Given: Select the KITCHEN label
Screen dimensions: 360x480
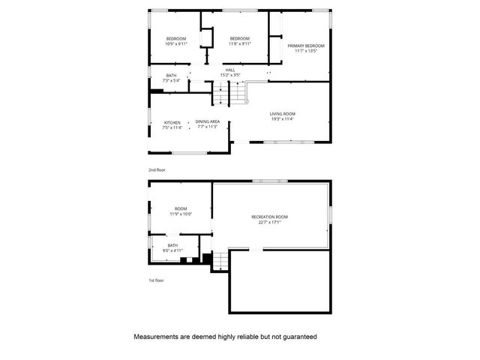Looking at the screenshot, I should pyautogui.click(x=172, y=121).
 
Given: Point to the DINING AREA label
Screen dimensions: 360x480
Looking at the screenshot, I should pyautogui.click(x=207, y=121).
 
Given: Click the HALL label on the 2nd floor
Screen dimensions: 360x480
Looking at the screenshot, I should pyautogui.click(x=230, y=70).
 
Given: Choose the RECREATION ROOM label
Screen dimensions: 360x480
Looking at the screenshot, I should pyautogui.click(x=269, y=217).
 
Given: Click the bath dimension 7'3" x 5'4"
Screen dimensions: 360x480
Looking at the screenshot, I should pyautogui.click(x=172, y=80).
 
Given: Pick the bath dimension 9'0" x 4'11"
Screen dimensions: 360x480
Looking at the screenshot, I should pyautogui.click(x=172, y=250).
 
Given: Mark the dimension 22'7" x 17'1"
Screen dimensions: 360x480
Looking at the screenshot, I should pyautogui.click(x=269, y=222).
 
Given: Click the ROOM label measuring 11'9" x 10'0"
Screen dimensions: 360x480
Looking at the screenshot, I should pyautogui.click(x=181, y=208).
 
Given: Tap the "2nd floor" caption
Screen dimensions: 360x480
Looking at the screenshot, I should pyautogui.click(x=157, y=170).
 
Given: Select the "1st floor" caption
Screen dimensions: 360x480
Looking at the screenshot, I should pyautogui.click(x=156, y=280).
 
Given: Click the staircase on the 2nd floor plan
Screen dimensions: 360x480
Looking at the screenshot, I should pyautogui.click(x=229, y=94).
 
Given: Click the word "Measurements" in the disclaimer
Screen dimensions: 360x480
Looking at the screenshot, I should pyautogui.click(x=156, y=337).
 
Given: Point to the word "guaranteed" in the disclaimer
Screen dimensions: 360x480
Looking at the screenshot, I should pyautogui.click(x=297, y=337).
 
